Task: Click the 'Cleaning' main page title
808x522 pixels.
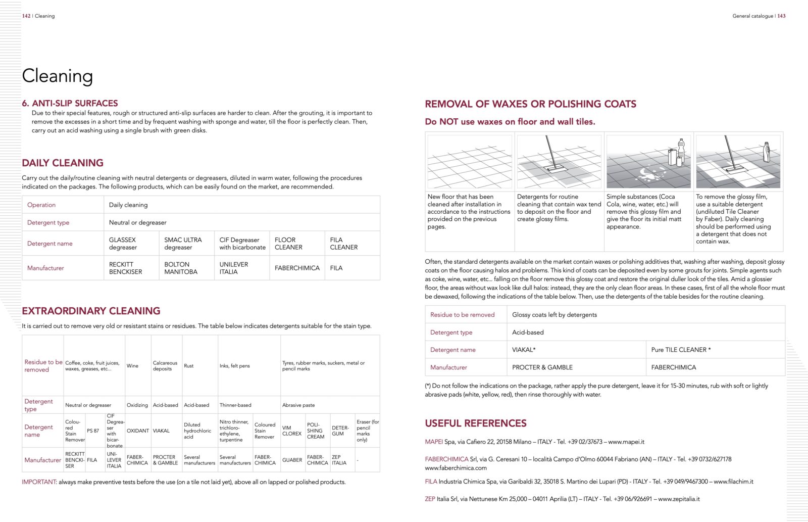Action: pos(57,76)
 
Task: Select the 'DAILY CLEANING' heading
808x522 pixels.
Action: pos(63,163)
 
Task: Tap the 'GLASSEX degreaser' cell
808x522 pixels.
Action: pos(123,244)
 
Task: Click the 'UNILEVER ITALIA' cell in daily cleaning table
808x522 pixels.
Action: pos(233,268)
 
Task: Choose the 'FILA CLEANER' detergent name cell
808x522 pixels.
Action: pos(343,244)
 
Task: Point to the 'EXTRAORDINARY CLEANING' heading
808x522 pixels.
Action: pos(91,311)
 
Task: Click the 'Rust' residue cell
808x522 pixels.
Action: pos(188,366)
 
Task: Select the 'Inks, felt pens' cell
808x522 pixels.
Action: pos(234,366)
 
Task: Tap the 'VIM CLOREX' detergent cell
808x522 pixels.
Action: pos(291,431)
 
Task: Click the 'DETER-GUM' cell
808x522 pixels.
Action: pos(340,431)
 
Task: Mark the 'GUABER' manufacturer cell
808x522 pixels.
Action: pos(292,460)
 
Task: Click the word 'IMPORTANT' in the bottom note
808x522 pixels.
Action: pos(38,482)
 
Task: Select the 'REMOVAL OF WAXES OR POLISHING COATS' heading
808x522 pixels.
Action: pos(530,104)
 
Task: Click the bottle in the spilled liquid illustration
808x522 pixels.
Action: pos(680,150)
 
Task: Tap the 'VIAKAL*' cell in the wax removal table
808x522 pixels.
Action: pos(524,350)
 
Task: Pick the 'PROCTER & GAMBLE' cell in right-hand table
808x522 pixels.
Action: pos(542,367)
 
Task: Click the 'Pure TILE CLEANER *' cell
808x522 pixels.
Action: pos(681,350)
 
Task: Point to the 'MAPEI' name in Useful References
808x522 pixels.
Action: pos(433,442)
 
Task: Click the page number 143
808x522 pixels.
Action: pos(781,16)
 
